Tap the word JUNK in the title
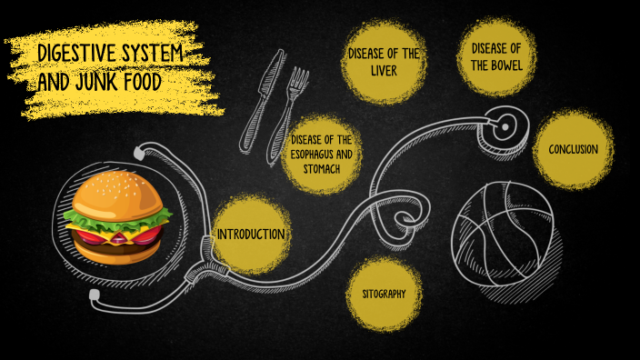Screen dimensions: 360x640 [x=97, y=81]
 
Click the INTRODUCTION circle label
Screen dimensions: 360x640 [x=251, y=234]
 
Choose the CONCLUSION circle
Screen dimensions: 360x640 [x=573, y=149]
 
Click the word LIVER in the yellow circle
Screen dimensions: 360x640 [x=383, y=70]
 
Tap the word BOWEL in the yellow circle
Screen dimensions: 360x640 [x=496, y=65]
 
